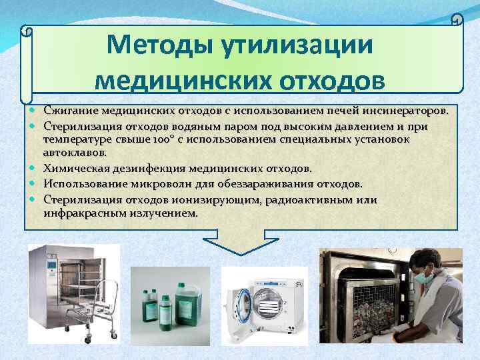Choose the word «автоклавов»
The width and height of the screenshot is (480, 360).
point(70,153)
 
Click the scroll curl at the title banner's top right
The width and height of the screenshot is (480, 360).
point(457,20)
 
